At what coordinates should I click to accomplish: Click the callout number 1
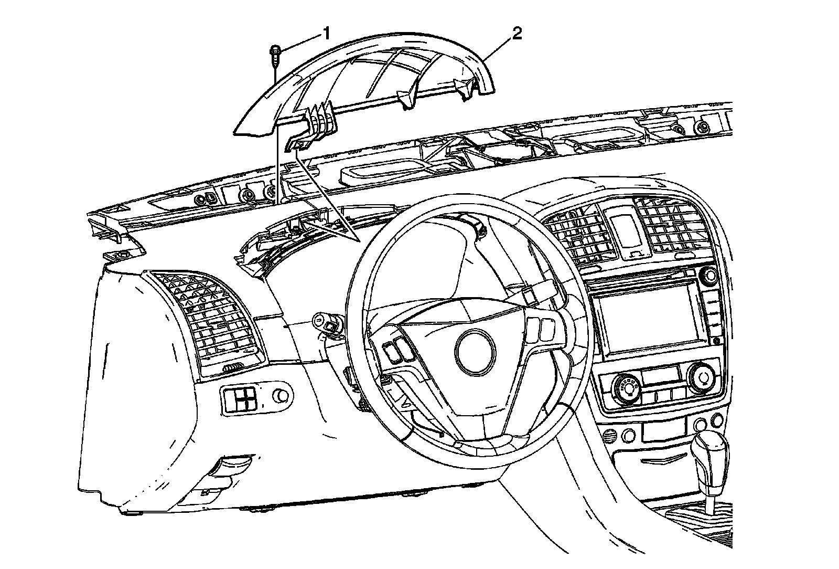326,35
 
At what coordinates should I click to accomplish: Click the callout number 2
517,34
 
